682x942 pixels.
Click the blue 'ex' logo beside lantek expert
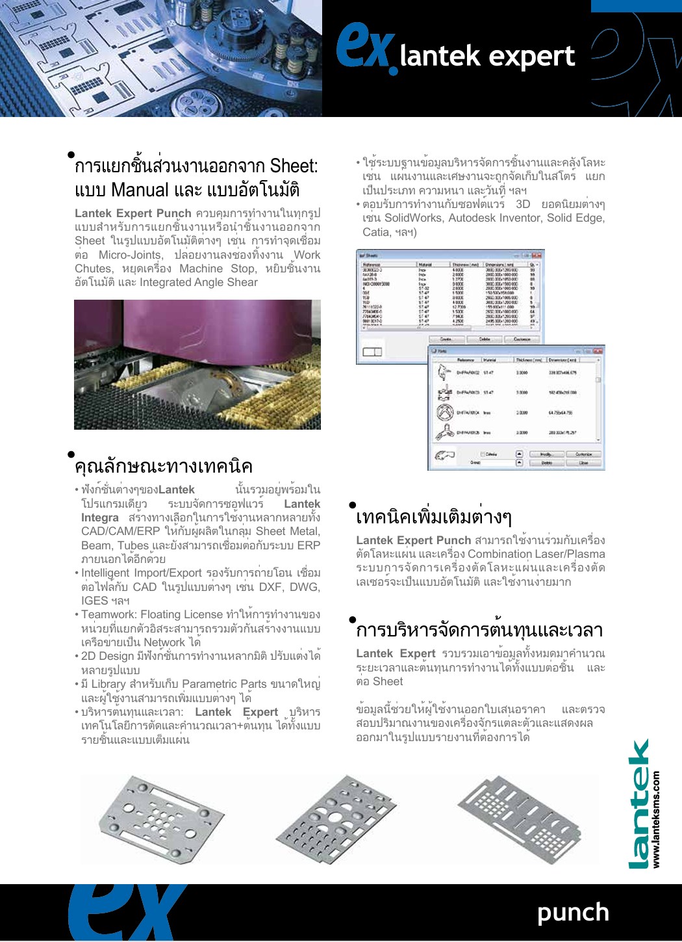pos(366,47)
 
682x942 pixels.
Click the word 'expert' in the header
pos(535,57)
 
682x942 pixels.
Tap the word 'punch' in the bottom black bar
pos(573,912)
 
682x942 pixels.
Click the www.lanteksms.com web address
pos(657,819)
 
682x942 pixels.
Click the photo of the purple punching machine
pos(197,364)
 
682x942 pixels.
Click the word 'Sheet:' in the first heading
pos(294,166)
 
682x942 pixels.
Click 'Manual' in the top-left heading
pos(140,190)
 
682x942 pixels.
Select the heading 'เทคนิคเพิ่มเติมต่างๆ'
pos(434,517)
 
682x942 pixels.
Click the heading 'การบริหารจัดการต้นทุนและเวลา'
pos(479,630)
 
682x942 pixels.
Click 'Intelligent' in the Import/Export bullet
pos(106,573)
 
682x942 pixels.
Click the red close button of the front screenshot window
pos(598,350)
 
